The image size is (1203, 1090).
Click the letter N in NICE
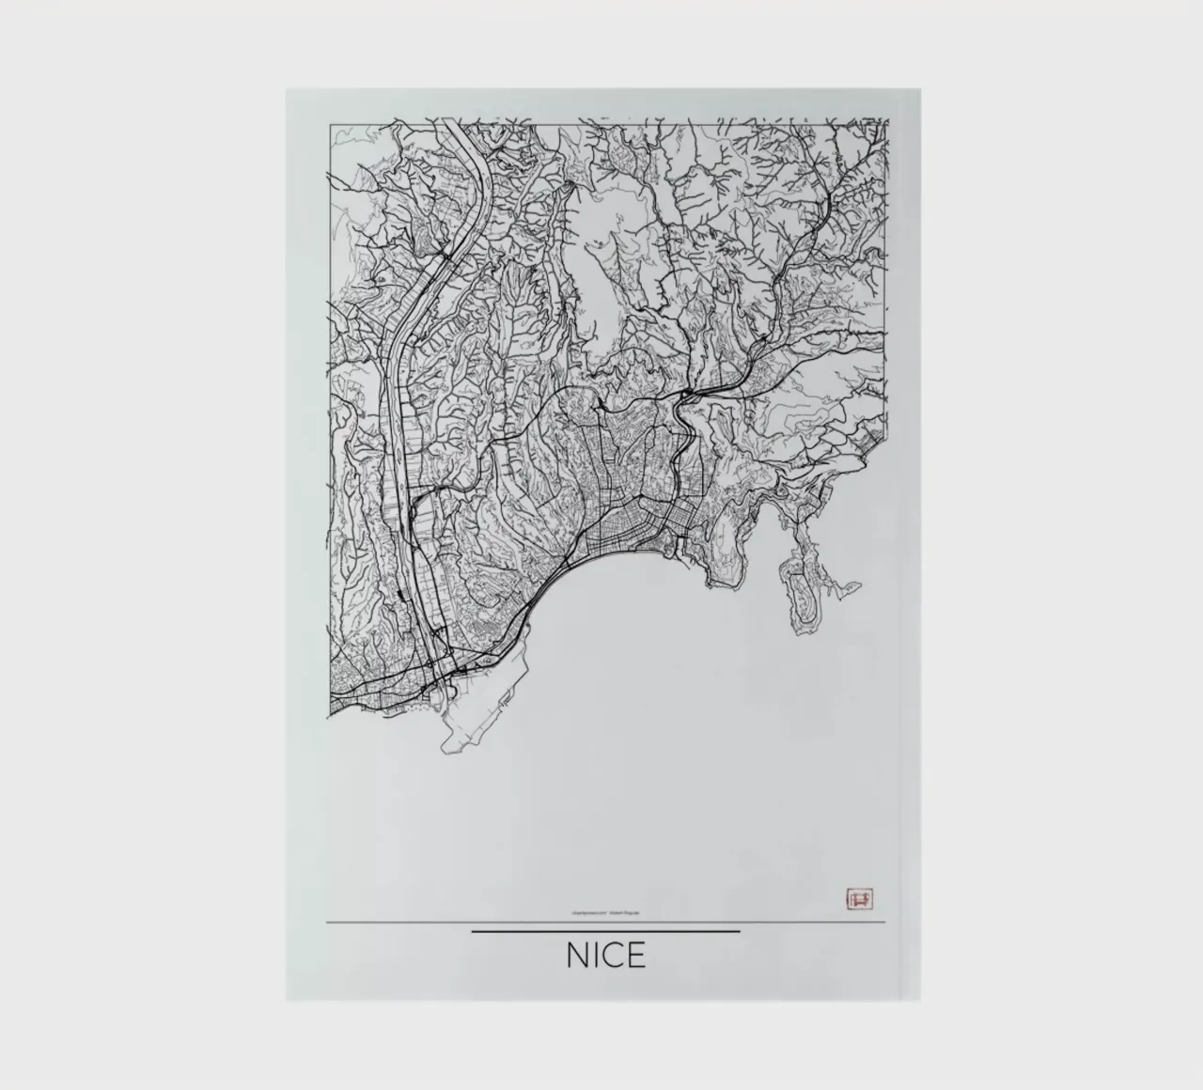[578, 956]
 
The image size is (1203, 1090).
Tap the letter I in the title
[599, 956]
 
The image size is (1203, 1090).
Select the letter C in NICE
[616, 956]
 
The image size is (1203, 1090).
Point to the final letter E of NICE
[637, 956]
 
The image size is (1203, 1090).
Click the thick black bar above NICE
[605, 931]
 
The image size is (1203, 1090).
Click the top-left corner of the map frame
[328, 122]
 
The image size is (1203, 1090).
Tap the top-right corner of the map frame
[886, 120]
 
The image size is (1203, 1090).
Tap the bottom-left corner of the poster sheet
[288, 999]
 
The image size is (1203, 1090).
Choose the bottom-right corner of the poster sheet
[920, 999]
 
